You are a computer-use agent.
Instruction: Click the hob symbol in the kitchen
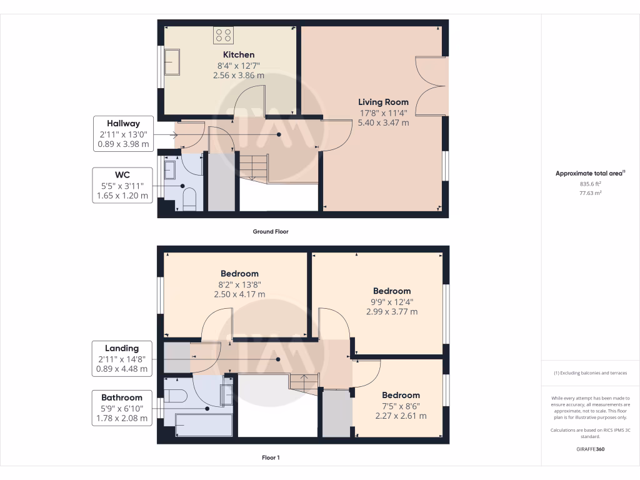point(224,35)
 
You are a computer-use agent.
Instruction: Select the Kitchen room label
point(239,55)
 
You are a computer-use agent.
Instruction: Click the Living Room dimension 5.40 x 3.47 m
point(383,123)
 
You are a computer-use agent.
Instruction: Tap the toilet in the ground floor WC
point(189,200)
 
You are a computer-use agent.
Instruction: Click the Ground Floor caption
point(270,231)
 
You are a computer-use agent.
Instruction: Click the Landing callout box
point(122,358)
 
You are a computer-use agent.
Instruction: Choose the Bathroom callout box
point(122,407)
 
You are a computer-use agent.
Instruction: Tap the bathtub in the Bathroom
point(204,426)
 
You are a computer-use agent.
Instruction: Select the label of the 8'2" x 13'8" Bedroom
point(239,274)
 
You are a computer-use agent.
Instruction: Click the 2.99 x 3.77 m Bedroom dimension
point(392,311)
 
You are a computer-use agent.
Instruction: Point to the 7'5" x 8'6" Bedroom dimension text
point(401,406)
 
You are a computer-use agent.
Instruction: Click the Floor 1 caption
point(270,457)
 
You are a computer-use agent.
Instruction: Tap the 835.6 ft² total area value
point(590,184)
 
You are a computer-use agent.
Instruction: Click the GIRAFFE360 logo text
point(590,449)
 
